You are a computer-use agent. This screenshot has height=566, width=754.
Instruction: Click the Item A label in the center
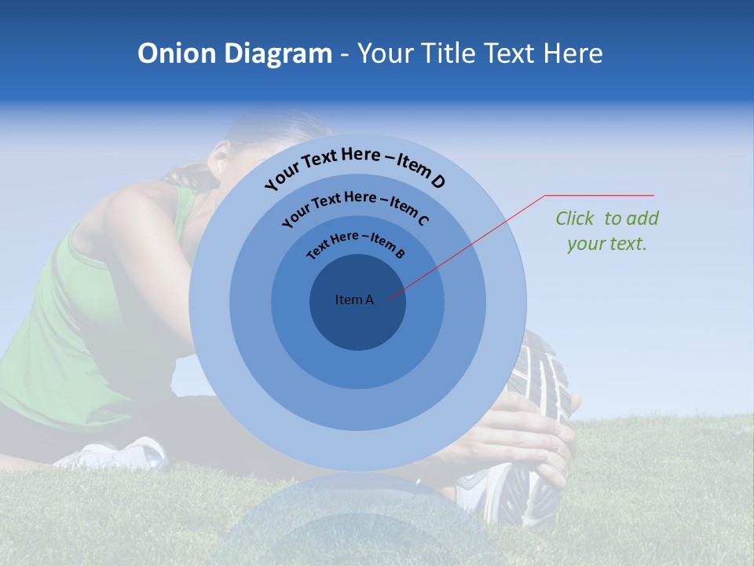click(354, 300)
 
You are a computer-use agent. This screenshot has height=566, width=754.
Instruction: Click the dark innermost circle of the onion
click(357, 322)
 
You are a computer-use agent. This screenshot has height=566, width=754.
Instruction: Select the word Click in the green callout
click(576, 219)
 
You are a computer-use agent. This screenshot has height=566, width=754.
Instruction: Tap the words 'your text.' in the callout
click(606, 244)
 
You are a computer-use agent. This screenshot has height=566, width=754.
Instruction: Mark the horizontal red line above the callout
click(599, 195)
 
